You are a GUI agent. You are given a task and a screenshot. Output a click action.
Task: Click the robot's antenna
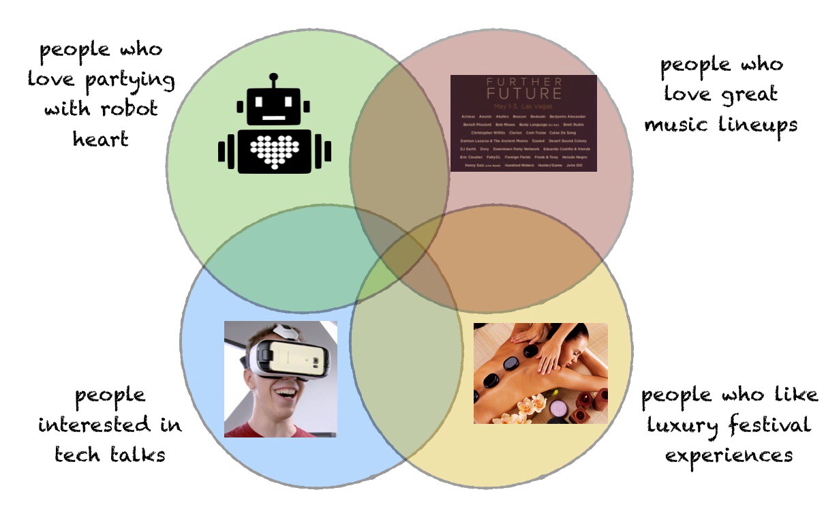[x=273, y=80]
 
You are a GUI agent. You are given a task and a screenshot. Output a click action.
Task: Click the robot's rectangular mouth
[x=274, y=118]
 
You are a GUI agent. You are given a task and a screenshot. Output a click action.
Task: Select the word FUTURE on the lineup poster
[x=523, y=94]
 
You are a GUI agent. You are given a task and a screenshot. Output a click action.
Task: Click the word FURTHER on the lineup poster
[x=523, y=82]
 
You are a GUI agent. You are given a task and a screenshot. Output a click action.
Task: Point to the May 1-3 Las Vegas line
[x=523, y=106]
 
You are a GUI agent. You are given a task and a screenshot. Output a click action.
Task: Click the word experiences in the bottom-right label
[x=729, y=455]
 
